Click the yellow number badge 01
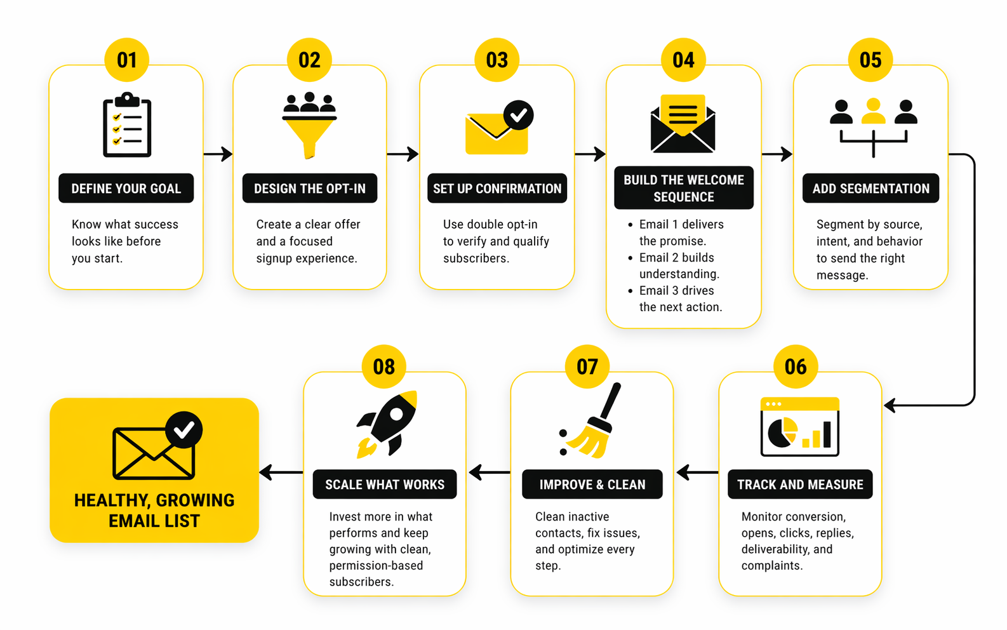click(x=126, y=60)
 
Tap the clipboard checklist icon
click(x=127, y=125)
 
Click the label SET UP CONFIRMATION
click(x=497, y=189)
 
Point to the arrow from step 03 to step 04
click(x=590, y=154)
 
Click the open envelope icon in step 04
click(x=683, y=124)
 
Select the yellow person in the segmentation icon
click(x=873, y=112)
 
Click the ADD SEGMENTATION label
click(x=870, y=189)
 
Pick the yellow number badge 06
click(x=795, y=366)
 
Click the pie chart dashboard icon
click(x=799, y=427)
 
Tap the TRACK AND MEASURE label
click(x=800, y=485)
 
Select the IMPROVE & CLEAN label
click(x=592, y=485)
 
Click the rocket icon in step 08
click(x=388, y=424)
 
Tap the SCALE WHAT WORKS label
click(x=385, y=485)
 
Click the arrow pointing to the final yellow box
click(x=281, y=473)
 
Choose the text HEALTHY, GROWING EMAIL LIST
click(x=154, y=511)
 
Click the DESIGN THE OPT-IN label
click(x=309, y=189)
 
